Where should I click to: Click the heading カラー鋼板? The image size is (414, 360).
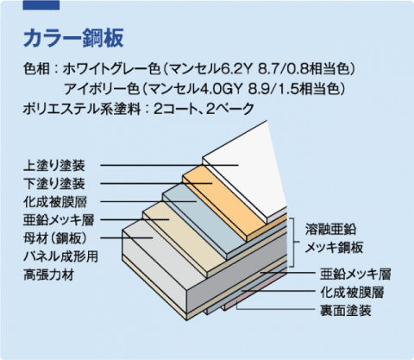click(x=73, y=38)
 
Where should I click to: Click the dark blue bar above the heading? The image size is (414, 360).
click(x=41, y=5)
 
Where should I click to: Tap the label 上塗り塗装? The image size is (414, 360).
click(x=54, y=166)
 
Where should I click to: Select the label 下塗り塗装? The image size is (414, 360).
click(x=54, y=184)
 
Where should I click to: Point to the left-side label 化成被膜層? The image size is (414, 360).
click(x=55, y=202)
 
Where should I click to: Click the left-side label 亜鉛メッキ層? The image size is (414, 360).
click(x=59, y=220)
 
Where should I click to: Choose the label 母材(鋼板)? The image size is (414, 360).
click(x=55, y=238)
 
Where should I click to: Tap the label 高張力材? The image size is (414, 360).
click(x=48, y=275)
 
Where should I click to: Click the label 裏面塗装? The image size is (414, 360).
click(x=345, y=311)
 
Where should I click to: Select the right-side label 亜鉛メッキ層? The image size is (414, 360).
click(x=355, y=275)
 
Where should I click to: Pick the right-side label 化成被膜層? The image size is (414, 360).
click(x=352, y=293)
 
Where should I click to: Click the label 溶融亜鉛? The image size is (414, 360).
click(x=330, y=229)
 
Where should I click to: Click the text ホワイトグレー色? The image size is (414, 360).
click(x=111, y=69)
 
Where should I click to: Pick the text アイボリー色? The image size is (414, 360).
click(x=102, y=89)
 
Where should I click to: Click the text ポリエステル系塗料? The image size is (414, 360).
click(x=82, y=109)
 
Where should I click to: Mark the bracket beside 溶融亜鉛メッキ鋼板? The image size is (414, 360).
click(x=294, y=242)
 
